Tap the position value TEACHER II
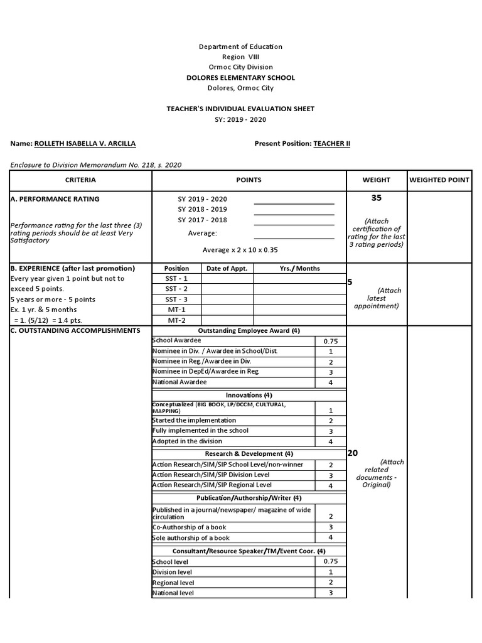coord(331,144)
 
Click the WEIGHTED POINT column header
coord(439,180)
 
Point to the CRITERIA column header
coord(80,180)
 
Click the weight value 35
coord(376,198)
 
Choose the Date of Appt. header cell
coord(227,269)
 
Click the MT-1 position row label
coord(176,310)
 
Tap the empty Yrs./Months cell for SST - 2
coord(299,289)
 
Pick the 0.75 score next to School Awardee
coord(330,341)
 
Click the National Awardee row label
coord(179,382)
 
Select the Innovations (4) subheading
coord(249,395)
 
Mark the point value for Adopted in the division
coord(330,442)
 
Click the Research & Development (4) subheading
coord(249,453)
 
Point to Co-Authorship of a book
coord(189,527)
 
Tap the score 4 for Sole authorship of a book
coord(330,538)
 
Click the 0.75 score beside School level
coord(330,561)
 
